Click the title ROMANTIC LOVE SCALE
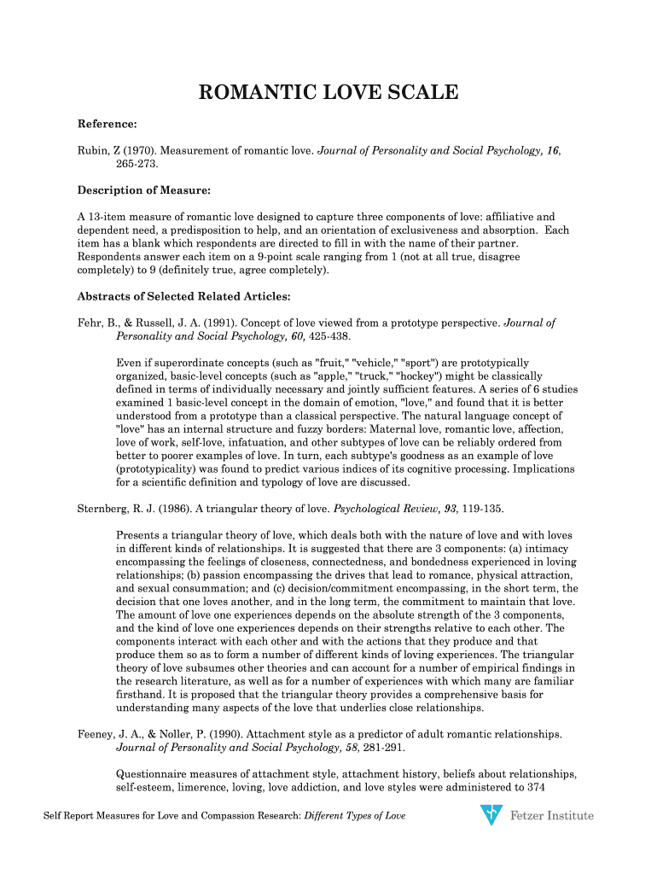point(328,92)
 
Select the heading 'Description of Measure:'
point(144,189)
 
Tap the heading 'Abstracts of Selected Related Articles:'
point(184,297)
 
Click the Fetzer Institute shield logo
point(491,815)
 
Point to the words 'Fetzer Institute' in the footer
point(551,816)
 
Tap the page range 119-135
point(480,509)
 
